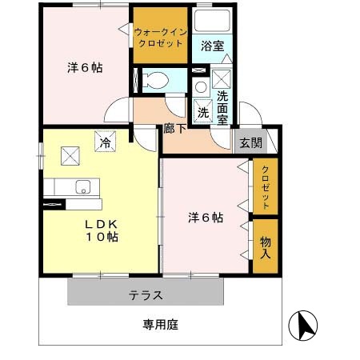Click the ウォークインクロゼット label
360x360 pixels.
162,36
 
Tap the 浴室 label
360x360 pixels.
211,46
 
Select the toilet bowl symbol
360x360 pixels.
156,79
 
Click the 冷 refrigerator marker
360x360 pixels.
106,143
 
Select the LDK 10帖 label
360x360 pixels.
102,230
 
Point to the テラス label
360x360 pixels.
146,295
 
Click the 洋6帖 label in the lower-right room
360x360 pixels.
206,217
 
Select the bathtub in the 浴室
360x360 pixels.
212,22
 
